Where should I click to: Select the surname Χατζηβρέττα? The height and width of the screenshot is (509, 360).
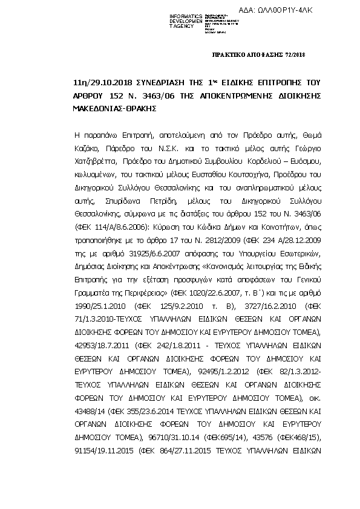tap(92, 161)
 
